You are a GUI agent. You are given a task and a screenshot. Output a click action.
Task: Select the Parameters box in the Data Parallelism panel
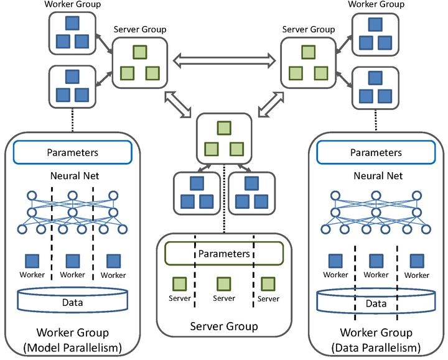click(x=376, y=152)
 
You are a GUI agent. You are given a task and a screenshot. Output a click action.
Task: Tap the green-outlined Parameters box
click(x=224, y=254)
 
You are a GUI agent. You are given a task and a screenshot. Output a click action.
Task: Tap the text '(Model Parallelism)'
click(x=73, y=346)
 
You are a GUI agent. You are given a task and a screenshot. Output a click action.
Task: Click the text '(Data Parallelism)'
click(x=376, y=346)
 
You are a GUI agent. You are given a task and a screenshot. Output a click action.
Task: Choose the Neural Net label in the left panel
click(x=73, y=176)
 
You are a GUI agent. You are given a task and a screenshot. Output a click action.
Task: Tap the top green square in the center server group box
click(x=223, y=128)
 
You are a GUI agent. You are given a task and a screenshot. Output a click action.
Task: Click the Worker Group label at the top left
click(x=72, y=5)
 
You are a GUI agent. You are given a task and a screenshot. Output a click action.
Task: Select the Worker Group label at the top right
click(x=375, y=5)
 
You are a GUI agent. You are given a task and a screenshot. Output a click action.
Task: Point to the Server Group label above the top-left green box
click(x=139, y=29)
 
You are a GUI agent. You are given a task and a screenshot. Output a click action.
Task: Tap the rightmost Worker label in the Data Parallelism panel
click(x=417, y=275)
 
